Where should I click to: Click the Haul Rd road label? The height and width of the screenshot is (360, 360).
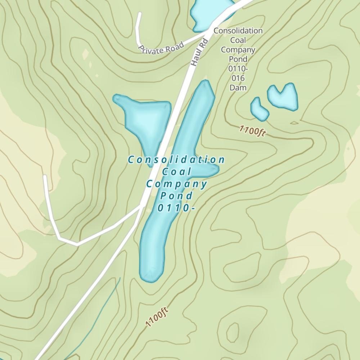coord(200,53)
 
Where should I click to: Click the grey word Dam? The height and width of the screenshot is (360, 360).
coord(238,87)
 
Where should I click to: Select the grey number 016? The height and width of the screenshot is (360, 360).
coord(238,78)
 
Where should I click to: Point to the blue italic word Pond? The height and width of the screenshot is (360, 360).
coord(176,196)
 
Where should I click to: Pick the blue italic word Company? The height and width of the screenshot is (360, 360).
coord(176,184)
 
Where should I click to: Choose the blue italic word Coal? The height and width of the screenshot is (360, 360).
coord(176,172)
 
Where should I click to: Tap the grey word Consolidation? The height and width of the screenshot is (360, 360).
coord(238,31)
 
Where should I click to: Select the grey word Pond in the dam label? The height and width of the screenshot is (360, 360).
coord(238,59)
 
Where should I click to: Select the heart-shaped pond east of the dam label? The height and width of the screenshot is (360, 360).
coord(283,96)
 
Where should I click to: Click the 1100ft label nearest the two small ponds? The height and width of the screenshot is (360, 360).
coord(252,131)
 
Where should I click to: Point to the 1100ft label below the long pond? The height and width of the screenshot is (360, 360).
coord(157,317)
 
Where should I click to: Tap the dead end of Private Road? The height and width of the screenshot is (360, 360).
coord(140,14)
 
